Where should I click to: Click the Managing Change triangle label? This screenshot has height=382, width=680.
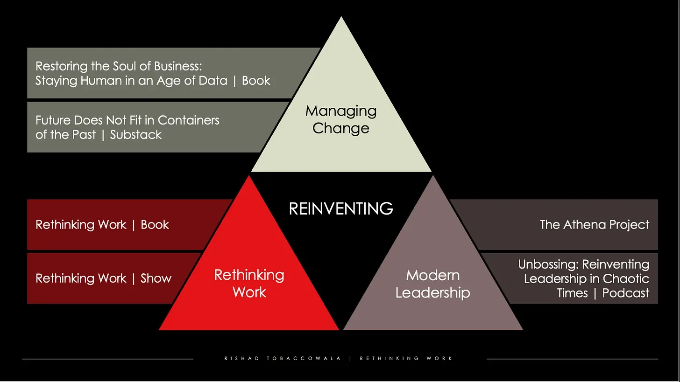pyautogui.click(x=341, y=119)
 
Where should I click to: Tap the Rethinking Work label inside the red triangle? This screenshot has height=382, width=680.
pyautogui.click(x=249, y=283)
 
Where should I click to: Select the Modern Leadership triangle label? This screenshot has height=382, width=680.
pyautogui.click(x=432, y=284)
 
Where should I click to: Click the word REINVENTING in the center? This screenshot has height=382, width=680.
pyautogui.click(x=341, y=208)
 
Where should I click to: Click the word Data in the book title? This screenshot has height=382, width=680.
pyautogui.click(x=212, y=80)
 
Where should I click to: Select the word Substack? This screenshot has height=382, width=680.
pyautogui.click(x=136, y=135)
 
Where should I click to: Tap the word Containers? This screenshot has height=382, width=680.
pyautogui.click(x=189, y=120)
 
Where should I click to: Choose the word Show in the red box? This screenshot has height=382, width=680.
pyautogui.click(x=156, y=278)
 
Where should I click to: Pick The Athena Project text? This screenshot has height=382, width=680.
pyautogui.click(x=594, y=225)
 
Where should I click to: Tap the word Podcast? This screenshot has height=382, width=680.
pyautogui.click(x=626, y=293)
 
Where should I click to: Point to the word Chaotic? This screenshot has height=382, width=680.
pyautogui.click(x=626, y=279)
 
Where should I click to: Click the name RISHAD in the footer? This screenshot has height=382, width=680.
pyautogui.click(x=239, y=359)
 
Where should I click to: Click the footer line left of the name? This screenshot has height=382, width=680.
pyautogui.click(x=107, y=359)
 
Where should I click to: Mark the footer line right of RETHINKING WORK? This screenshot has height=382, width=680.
pyautogui.click(x=572, y=359)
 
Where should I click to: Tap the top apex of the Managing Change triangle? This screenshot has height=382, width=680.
pyautogui.click(x=341, y=19)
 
